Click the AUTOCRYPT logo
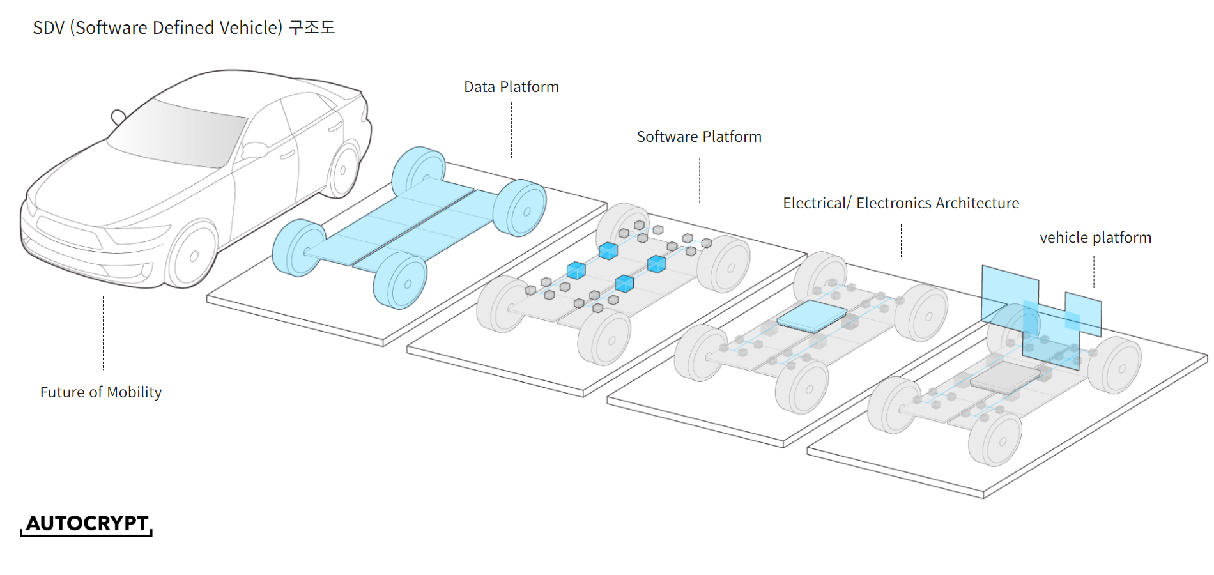(x=87, y=523)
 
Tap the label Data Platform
(x=511, y=87)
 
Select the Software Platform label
(x=699, y=137)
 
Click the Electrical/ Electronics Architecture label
(x=901, y=203)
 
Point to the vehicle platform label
(x=1095, y=238)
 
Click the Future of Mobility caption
(x=101, y=392)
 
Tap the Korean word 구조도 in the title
(x=312, y=28)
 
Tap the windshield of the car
(x=179, y=134)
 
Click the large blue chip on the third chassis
(x=811, y=316)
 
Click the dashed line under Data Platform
(x=511, y=130)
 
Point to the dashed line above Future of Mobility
(x=103, y=332)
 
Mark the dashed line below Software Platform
(x=700, y=181)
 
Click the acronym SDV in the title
(x=49, y=28)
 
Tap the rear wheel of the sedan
(x=343, y=171)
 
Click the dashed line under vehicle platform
(x=1094, y=272)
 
